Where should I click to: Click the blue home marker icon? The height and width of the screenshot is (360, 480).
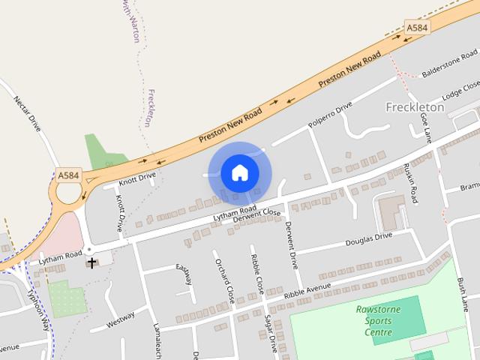tap(238, 173)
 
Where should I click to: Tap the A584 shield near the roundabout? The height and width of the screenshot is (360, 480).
tap(68, 175)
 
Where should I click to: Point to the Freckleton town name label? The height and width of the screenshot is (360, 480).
tap(415, 107)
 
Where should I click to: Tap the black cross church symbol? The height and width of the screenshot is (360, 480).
tap(91, 262)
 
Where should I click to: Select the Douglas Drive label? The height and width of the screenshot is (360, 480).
tap(368, 239)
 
